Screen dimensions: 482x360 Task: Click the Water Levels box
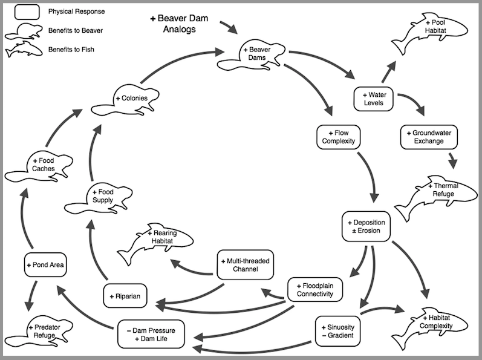point(373,99)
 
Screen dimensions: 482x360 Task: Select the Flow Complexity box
point(338,137)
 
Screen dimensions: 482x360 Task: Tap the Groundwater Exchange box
point(429,137)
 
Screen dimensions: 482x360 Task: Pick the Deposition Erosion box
point(366,226)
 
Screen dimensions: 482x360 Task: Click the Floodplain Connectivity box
point(315,290)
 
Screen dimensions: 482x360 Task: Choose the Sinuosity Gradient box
point(338,331)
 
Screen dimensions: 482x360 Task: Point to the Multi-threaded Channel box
point(246,264)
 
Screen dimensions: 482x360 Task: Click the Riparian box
point(125,296)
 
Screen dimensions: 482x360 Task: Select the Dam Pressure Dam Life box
point(151,334)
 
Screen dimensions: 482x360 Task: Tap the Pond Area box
point(45,264)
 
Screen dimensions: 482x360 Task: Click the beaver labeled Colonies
point(125,100)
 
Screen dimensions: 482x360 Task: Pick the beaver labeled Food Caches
point(39,166)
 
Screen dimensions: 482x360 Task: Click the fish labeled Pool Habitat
point(430,33)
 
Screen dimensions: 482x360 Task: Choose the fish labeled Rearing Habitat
point(155,244)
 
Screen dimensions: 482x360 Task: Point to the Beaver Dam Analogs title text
point(179,24)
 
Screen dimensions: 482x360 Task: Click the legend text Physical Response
point(77,11)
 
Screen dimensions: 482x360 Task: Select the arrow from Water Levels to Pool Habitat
point(388,71)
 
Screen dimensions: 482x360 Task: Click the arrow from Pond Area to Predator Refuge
point(31,295)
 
